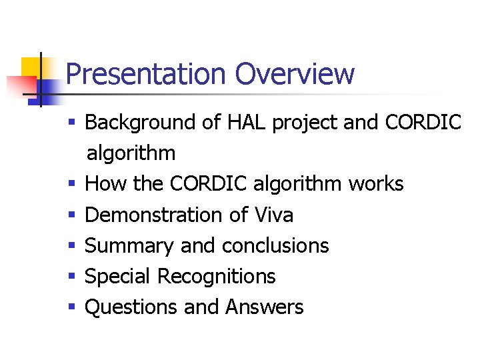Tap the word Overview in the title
(x=294, y=74)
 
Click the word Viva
(x=273, y=215)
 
